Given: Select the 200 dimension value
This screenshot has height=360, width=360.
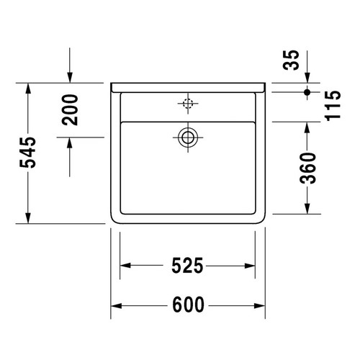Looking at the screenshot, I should pyautogui.click(x=71, y=109).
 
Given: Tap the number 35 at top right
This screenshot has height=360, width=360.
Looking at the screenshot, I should pyautogui.click(x=291, y=61).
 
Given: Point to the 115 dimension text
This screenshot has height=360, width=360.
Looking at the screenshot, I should pyautogui.click(x=332, y=105).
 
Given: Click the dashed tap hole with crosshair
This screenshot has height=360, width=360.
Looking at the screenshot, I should pyautogui.click(x=188, y=104).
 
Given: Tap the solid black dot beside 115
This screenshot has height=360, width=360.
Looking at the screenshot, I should pyautogui.click(x=307, y=92).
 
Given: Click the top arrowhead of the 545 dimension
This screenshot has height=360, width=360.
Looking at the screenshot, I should pyautogui.click(x=28, y=88).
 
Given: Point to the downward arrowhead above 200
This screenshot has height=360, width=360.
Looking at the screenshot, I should pyautogui.click(x=70, y=78).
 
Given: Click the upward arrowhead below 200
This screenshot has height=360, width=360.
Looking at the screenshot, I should pyautogui.click(x=70, y=143).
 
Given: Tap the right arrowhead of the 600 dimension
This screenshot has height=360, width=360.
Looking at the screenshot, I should pyautogui.click(x=262, y=306).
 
